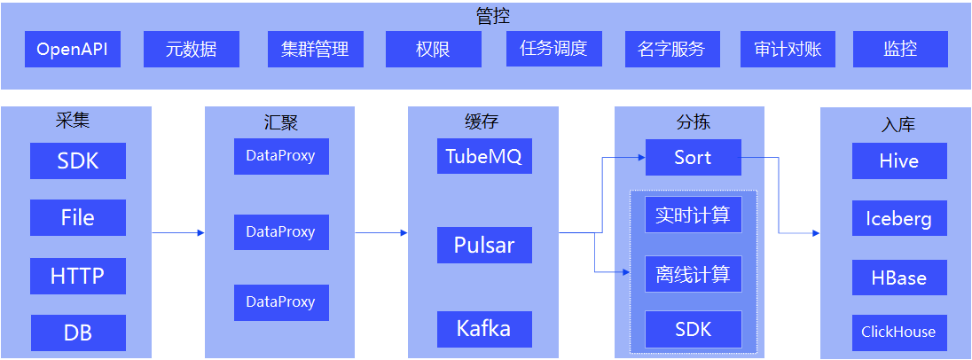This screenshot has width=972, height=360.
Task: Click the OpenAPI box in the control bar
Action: coord(72,50)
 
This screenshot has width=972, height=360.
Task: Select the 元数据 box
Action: coord(192,50)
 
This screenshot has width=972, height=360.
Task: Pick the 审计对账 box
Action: coord(788,50)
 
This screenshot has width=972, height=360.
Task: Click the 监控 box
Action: coord(900,50)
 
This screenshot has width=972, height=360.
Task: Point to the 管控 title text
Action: coord(487,16)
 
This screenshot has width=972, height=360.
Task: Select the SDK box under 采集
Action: coord(78,161)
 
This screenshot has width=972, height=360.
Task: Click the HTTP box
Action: coord(78,277)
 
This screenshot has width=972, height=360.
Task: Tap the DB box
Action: coord(78,333)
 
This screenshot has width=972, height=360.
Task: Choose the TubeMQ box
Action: coord(484,157)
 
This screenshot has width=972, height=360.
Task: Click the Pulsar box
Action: coord(484,245)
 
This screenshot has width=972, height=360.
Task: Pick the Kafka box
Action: coord(484,329)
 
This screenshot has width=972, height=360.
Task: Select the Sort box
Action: coord(693,158)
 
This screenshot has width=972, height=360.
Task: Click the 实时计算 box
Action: coord(693,215)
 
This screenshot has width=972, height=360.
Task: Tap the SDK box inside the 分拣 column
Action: coord(693,329)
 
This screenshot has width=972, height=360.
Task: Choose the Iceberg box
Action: coord(899,219)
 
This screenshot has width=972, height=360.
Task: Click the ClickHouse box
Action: coord(899,333)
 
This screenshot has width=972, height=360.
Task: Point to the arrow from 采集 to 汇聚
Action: coord(177,233)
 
